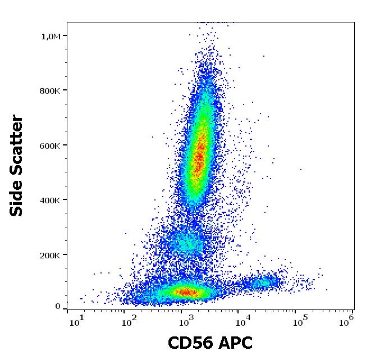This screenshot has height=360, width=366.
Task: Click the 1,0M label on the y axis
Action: pos(51,37)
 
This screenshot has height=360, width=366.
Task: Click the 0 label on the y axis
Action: pos(58,307)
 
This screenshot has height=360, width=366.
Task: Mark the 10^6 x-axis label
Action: pos(346,320)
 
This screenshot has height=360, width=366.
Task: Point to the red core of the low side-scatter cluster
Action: pos(186,291)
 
